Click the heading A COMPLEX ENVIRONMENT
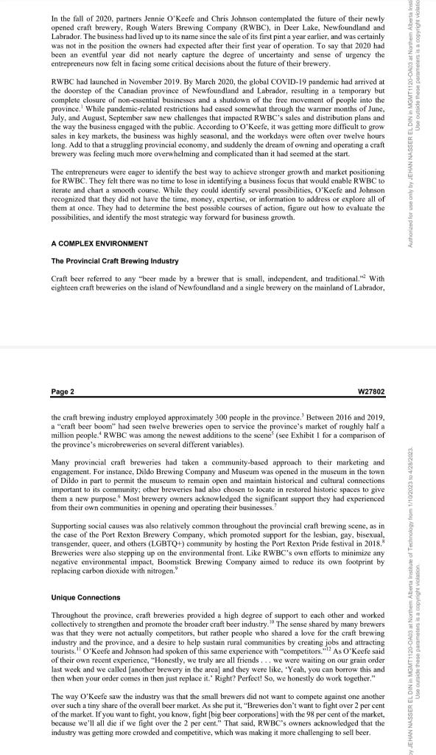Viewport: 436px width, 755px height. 99,243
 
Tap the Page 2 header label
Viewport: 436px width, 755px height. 63,391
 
